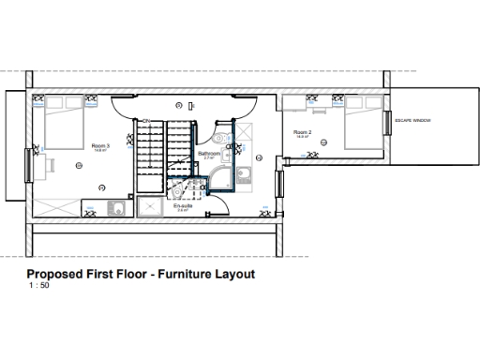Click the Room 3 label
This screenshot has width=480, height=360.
click(100, 146)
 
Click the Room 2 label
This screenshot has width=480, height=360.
click(302, 133)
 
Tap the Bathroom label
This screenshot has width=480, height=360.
click(209, 154)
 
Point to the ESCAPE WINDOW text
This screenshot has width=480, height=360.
click(413, 120)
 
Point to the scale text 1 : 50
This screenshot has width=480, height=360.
click(40, 287)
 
